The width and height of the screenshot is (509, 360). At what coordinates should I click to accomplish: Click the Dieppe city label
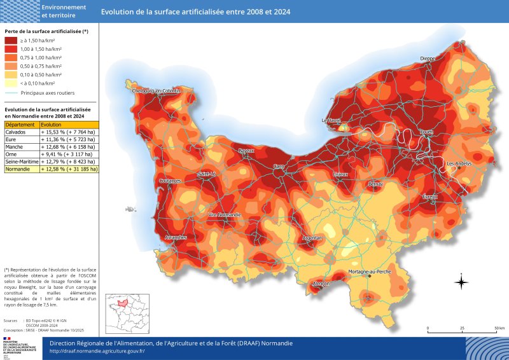[x=428, y=59]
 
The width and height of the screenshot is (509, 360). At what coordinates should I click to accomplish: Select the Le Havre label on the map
[x=331, y=120]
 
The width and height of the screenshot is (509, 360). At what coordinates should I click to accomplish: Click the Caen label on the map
[x=279, y=167]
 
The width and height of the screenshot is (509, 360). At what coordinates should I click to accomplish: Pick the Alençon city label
[x=321, y=284]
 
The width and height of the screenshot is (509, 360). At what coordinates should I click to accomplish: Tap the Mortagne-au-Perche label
[x=370, y=272]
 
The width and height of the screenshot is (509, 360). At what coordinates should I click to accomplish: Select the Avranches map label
[x=176, y=237]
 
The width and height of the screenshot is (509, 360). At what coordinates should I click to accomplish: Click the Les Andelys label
[x=459, y=163]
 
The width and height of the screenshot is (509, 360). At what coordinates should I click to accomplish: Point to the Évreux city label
[x=430, y=197]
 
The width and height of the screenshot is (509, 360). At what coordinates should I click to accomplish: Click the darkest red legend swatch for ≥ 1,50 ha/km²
[x=11, y=40]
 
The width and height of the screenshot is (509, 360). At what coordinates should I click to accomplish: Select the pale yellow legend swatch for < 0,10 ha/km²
[x=11, y=83]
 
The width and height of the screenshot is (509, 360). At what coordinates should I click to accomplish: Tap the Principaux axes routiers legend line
[x=11, y=93]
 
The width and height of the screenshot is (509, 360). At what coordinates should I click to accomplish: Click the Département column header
[x=20, y=125]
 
